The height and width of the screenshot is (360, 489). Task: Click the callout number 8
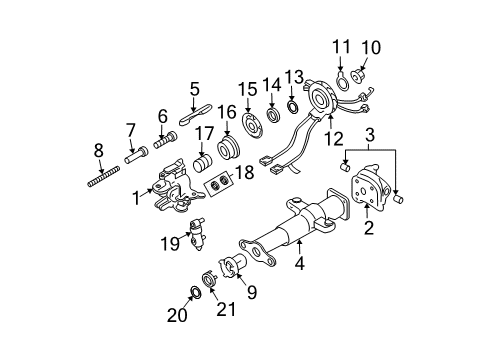(x=97, y=152)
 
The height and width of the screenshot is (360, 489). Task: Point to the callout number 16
(x=227, y=112)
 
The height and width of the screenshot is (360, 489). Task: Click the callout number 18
(x=241, y=173)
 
